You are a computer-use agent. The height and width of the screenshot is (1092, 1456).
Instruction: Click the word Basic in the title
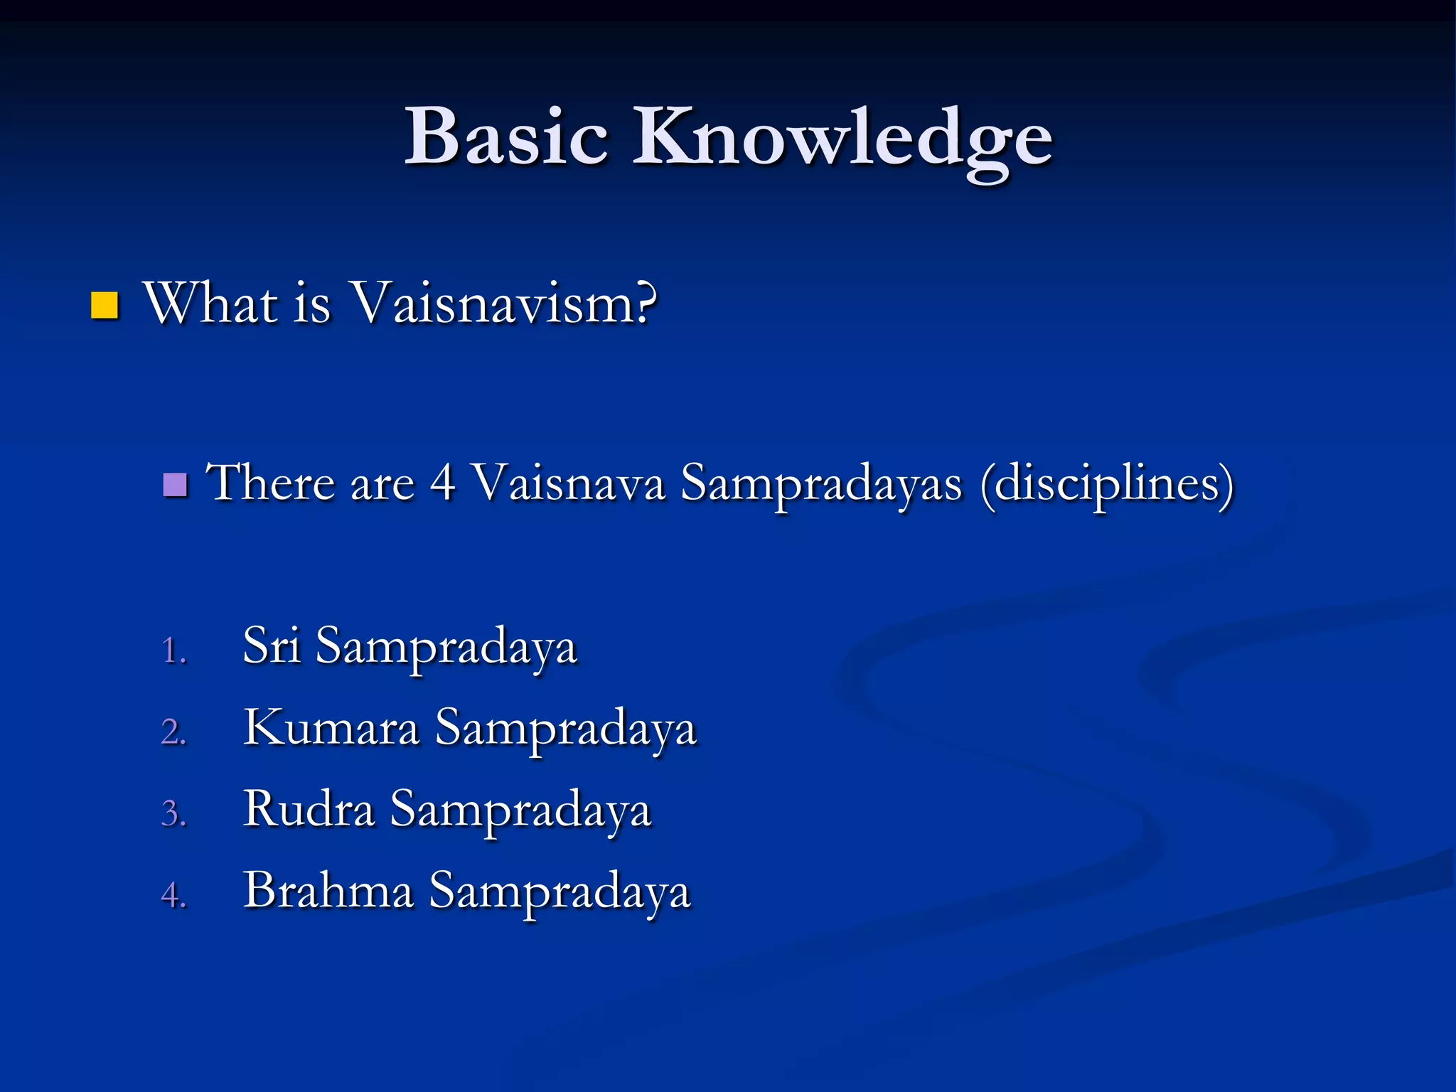(x=506, y=136)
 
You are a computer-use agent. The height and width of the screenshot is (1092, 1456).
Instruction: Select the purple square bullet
(x=175, y=485)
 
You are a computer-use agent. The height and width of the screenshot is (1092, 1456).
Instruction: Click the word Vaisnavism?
(x=504, y=304)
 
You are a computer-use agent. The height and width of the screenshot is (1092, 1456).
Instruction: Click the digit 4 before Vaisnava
(x=442, y=483)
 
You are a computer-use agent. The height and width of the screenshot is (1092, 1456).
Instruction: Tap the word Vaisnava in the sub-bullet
(x=569, y=483)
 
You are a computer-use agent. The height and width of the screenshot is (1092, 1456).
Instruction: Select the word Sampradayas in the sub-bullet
(x=821, y=486)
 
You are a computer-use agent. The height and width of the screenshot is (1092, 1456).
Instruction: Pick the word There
(x=270, y=483)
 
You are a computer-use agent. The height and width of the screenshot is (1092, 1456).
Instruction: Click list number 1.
(x=173, y=651)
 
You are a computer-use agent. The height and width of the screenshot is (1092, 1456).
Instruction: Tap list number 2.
(x=173, y=732)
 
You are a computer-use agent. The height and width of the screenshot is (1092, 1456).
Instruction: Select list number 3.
(x=173, y=814)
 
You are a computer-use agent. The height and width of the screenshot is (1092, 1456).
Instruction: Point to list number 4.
(x=173, y=895)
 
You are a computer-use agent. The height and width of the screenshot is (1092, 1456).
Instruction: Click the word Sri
(x=271, y=646)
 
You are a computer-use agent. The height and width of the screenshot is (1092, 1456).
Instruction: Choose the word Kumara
(x=331, y=728)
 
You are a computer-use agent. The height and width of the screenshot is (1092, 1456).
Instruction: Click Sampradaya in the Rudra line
(x=520, y=812)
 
